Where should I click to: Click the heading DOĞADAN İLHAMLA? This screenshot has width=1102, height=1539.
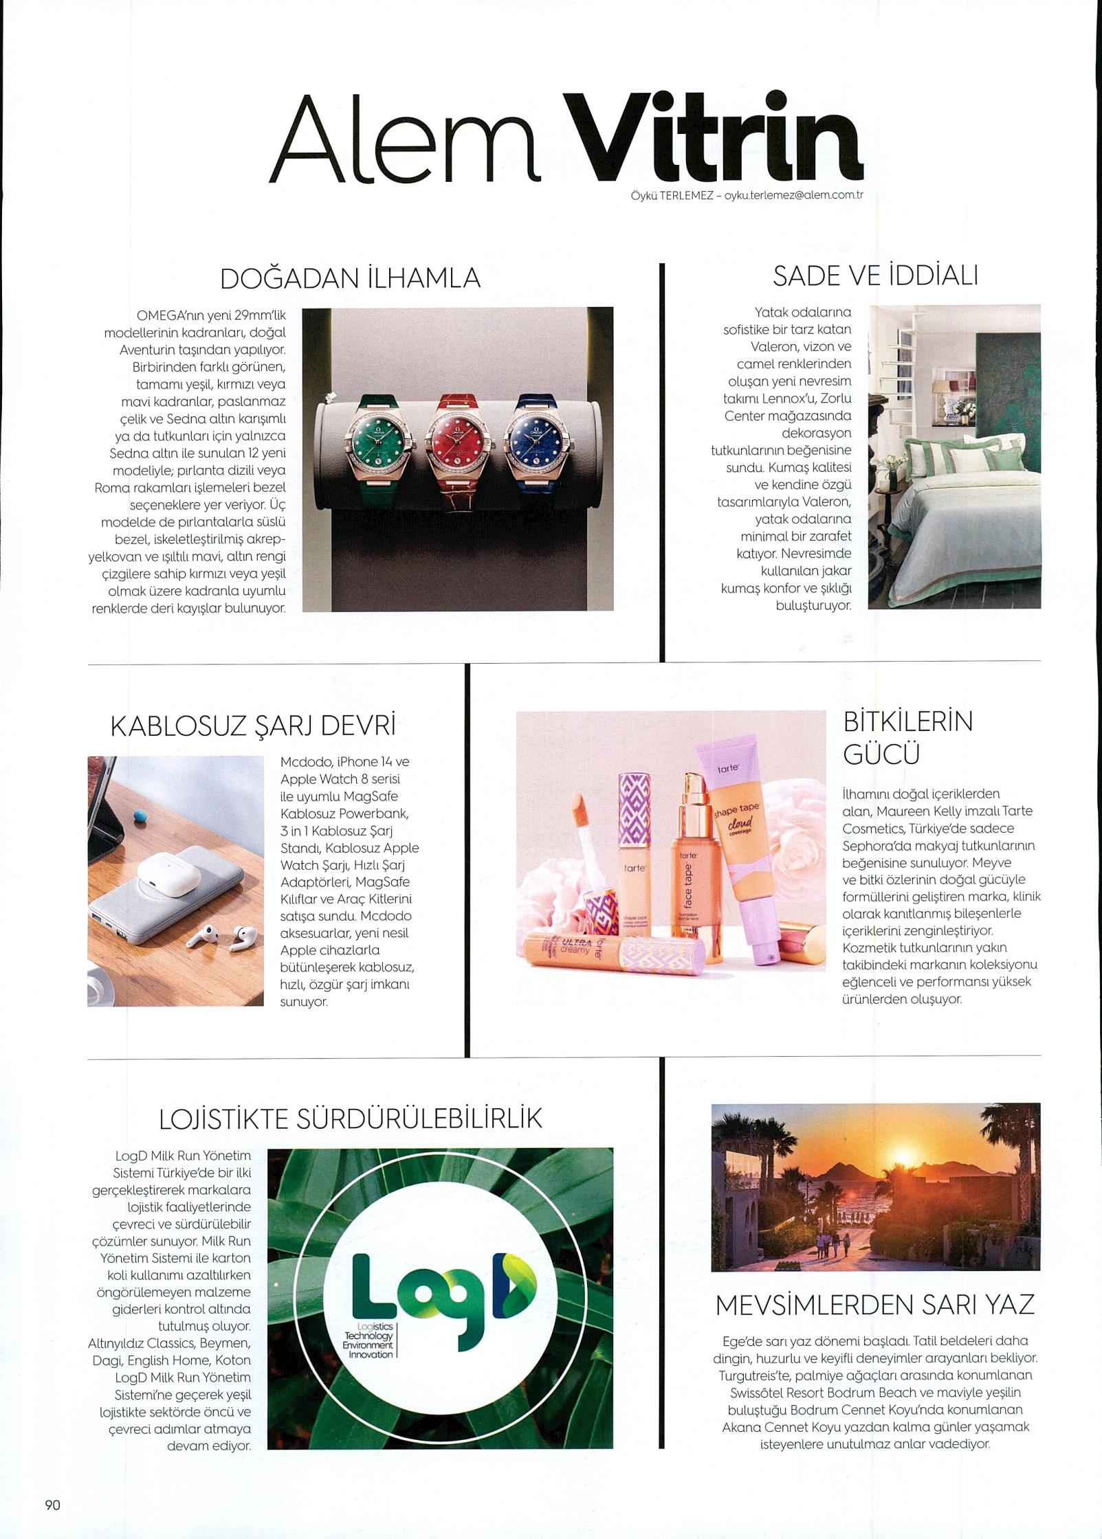tap(351, 279)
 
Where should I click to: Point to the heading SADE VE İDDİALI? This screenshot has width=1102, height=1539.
tap(875, 276)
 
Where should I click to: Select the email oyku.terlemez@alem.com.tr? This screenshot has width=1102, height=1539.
tap(789, 195)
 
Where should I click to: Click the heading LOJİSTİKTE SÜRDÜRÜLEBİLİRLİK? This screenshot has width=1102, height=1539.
tap(351, 1119)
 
